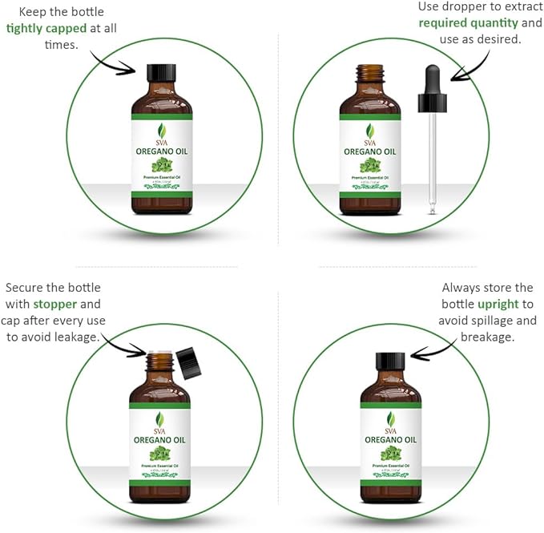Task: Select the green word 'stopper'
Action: click(56, 305)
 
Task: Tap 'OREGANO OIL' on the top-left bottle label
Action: click(161, 147)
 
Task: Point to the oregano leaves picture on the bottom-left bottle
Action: click(160, 455)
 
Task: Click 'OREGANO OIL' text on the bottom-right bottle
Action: click(390, 439)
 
